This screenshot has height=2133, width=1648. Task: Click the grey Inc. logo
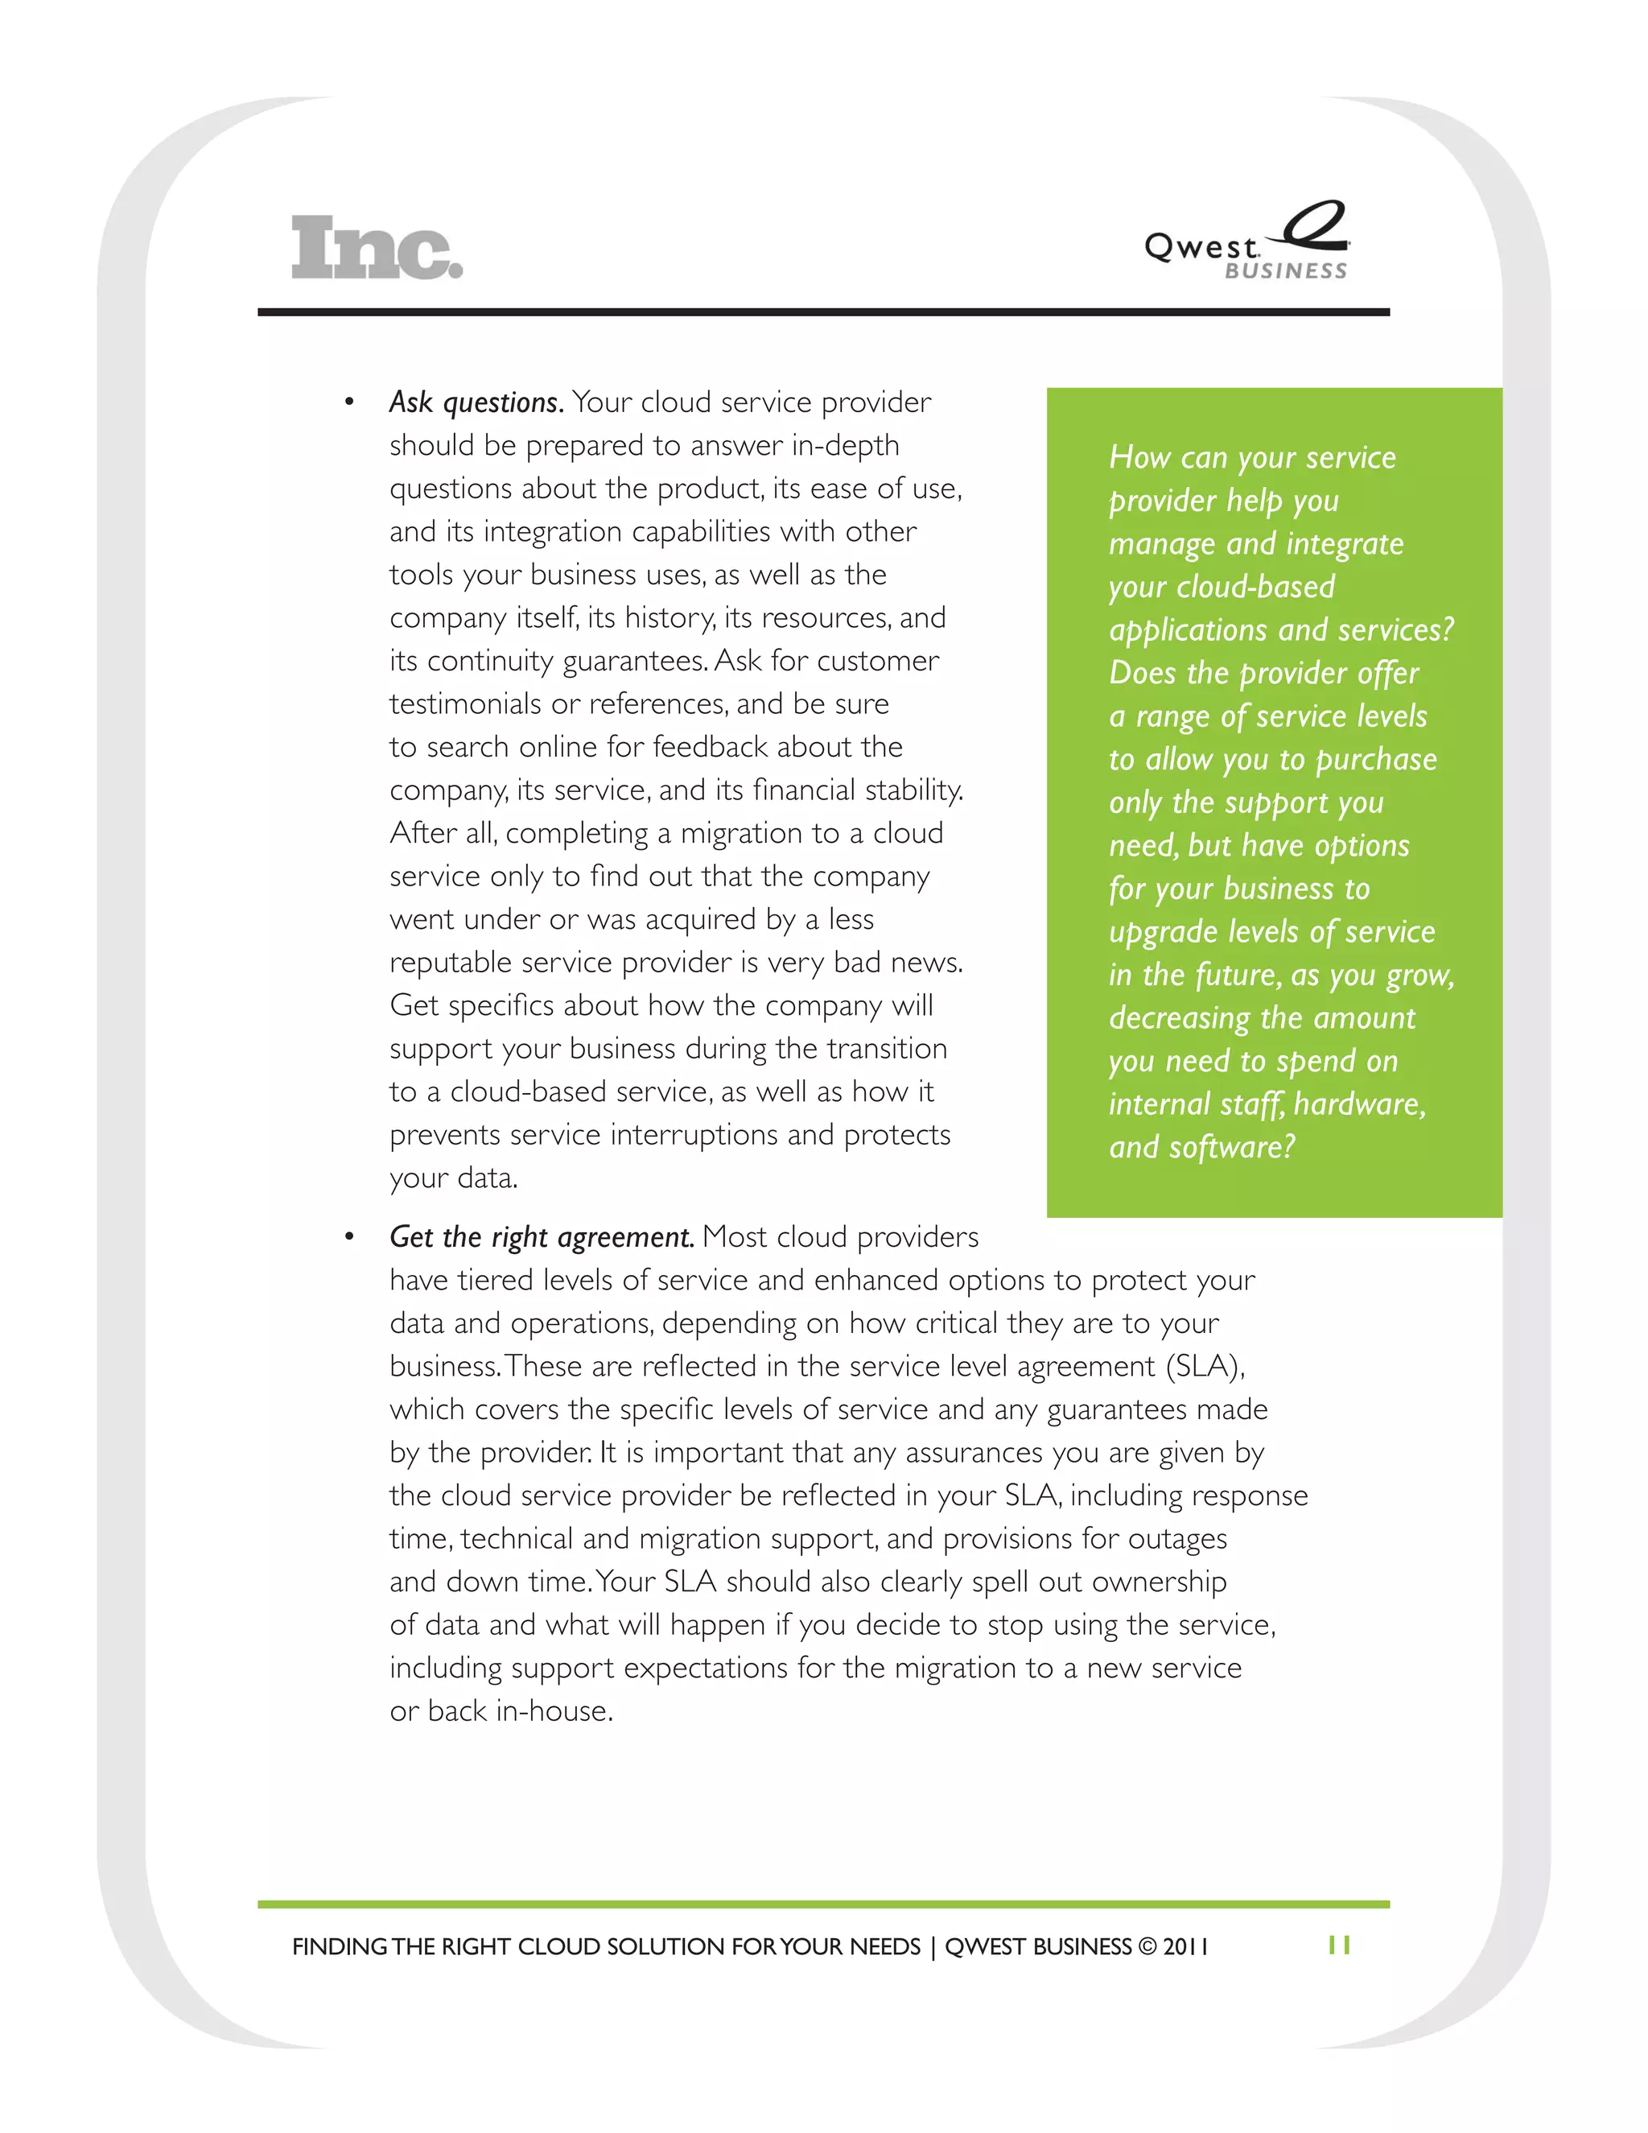pos(376,248)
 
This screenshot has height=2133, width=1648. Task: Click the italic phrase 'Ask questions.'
pos(476,402)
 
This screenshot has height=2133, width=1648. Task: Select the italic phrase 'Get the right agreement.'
pos(541,1237)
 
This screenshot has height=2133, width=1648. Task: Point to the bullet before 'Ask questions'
pos(348,403)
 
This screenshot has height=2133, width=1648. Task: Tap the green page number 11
pos(1338,1945)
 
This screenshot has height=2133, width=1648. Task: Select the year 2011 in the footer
pos(1185,1946)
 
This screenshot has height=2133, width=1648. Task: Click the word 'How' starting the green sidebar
pos(1139,457)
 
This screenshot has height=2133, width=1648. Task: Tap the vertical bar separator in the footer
pos(933,1946)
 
